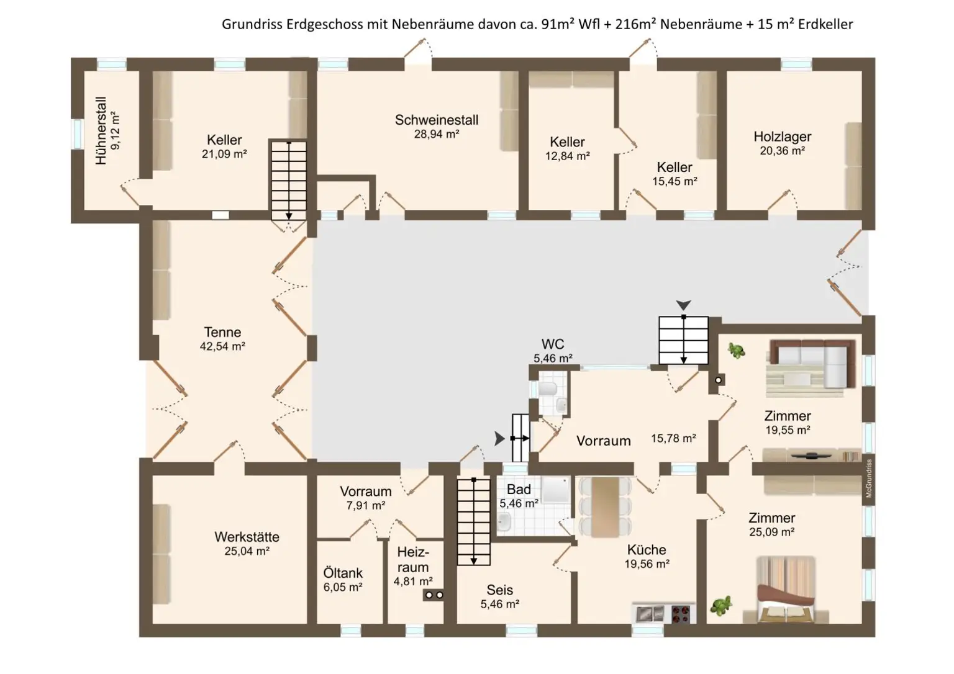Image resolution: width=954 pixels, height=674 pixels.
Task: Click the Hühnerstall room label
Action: [101, 131]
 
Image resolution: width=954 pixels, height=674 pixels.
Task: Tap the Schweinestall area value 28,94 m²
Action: [437, 135]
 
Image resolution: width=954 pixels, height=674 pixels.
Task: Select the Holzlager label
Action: [783, 137]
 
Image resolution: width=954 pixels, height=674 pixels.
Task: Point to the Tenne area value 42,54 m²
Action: [222, 346]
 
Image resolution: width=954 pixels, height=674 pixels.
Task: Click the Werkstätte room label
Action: [247, 537]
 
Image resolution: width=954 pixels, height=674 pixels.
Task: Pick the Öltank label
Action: [343, 573]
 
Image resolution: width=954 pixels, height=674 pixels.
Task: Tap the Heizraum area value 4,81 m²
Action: [413, 582]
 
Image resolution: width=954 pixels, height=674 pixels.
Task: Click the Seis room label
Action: [499, 590]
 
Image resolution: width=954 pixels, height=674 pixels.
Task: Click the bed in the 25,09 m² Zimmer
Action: [786, 590]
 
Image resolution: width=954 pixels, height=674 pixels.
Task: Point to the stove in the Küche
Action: [681, 614]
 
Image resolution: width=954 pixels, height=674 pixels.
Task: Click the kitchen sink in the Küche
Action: [650, 614]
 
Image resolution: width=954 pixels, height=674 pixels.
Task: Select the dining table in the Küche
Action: [605, 507]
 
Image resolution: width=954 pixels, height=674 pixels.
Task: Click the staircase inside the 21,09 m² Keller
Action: [289, 181]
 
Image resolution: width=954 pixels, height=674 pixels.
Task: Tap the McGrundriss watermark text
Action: [869, 479]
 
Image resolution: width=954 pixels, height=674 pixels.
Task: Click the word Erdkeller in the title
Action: [825, 24]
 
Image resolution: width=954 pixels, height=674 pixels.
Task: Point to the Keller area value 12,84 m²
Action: [567, 156]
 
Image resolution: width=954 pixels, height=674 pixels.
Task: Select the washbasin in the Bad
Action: [504, 522]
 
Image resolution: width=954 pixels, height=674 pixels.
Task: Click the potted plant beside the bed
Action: [721, 606]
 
